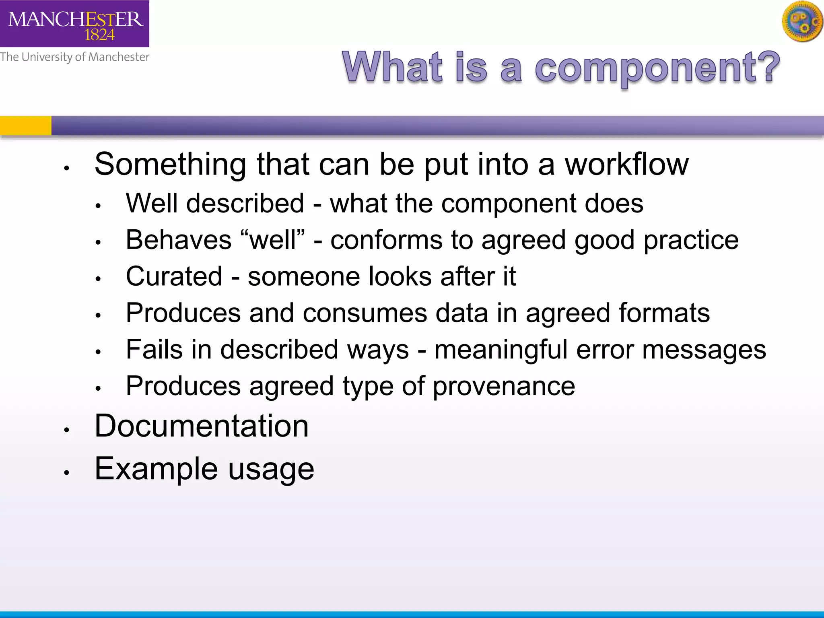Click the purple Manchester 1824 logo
tap(74, 23)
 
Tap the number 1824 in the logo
tap(99, 35)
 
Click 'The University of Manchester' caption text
tap(74, 57)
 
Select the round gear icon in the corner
tap(802, 22)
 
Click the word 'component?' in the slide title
tap(657, 68)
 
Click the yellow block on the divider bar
tap(25, 126)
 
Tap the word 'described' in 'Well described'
tap(245, 203)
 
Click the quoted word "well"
tap(272, 240)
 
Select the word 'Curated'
tap(174, 276)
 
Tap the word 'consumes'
tap(365, 313)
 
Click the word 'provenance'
tap(504, 387)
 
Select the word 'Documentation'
tap(202, 426)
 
